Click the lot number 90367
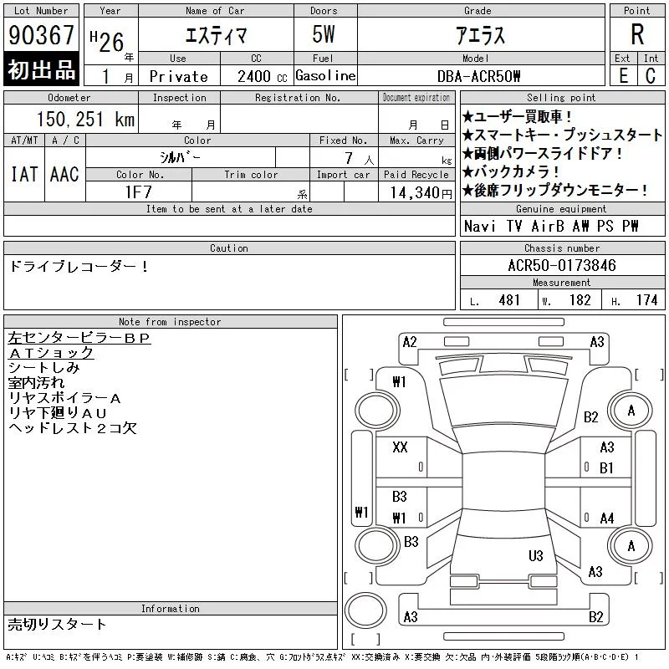[41, 35]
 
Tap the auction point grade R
[637, 34]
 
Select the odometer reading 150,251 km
[85, 119]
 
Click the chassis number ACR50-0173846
[562, 265]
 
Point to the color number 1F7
[138, 192]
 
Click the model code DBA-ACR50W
[478, 76]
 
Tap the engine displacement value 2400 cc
[262, 76]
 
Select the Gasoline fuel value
[325, 76]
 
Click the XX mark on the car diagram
[400, 447]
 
